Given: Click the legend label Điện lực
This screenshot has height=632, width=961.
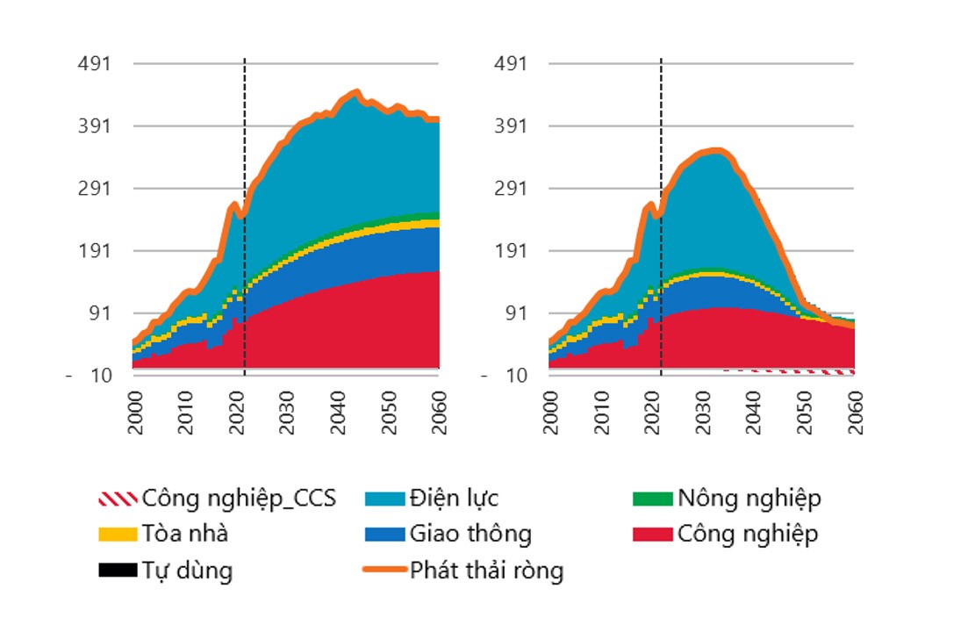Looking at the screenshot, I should tap(453, 499).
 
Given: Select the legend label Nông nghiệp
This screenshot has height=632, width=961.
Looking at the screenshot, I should tap(749, 499).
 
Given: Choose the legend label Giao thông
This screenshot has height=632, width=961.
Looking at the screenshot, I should tap(470, 534).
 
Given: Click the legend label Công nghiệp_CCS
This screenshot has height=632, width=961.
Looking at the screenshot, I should tap(239, 499).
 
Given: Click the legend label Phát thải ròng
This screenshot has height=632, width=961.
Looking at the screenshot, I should tap(486, 571).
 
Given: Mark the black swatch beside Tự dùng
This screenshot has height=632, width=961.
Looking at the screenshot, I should tap(118, 571).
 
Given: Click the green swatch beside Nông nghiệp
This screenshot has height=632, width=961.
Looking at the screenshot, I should tap(652, 499).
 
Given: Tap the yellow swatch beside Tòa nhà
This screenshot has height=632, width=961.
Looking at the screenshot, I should tap(118, 534).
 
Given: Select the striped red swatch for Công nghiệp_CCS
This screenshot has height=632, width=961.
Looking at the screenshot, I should tap(118, 499).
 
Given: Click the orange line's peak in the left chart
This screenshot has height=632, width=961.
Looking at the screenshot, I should tap(355, 90).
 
